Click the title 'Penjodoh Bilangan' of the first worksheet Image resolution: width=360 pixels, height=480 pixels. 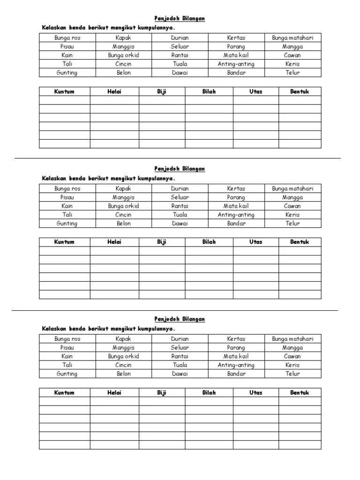click(180, 18)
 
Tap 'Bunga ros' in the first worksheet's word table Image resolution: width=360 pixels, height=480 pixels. click(67, 38)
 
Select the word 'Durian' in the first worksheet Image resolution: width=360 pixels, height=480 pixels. click(180, 38)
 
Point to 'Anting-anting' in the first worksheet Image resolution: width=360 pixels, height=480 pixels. click(236, 64)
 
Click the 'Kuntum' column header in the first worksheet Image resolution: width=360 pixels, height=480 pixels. click(64, 91)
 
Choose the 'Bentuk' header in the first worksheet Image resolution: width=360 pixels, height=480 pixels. click(300, 91)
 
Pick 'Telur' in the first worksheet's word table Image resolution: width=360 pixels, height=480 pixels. click(292, 73)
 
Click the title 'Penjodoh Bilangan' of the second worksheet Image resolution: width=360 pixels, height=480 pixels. click(180, 169)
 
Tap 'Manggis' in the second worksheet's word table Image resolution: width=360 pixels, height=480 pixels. click(123, 197)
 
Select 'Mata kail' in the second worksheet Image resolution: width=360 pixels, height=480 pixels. click(236, 206)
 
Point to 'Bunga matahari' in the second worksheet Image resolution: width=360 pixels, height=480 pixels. click(292, 188)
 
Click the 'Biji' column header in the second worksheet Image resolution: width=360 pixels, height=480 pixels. click(162, 242)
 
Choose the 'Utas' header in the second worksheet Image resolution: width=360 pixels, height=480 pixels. click(255, 242)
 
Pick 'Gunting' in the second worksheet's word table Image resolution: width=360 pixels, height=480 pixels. click(67, 224)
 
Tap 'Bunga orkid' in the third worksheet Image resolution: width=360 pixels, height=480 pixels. click(123, 356)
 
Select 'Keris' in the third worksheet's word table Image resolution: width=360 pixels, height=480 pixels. click(292, 365)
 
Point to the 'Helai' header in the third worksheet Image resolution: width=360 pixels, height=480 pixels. click(114, 393)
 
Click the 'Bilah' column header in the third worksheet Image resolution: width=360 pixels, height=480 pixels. click(209, 393)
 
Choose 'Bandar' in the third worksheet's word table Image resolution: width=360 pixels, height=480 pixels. click(236, 374)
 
